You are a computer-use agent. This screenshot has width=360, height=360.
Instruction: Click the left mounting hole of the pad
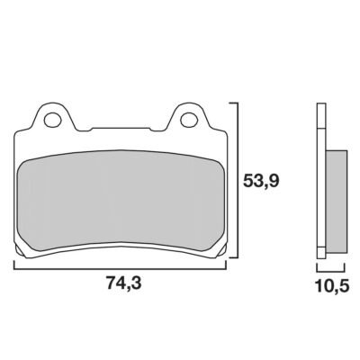tap(51, 120)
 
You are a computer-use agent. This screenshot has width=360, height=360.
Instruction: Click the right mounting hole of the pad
tap(188, 120)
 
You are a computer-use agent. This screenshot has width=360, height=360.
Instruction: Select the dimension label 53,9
tap(261, 181)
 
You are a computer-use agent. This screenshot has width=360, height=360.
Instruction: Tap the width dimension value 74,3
tap(123, 283)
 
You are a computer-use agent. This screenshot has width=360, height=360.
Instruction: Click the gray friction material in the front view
tap(120, 201)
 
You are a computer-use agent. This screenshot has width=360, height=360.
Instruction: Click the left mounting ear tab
tap(52, 117)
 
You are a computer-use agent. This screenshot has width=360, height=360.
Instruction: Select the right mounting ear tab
tap(188, 117)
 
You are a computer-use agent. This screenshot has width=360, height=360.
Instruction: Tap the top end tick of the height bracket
tap(233, 103)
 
